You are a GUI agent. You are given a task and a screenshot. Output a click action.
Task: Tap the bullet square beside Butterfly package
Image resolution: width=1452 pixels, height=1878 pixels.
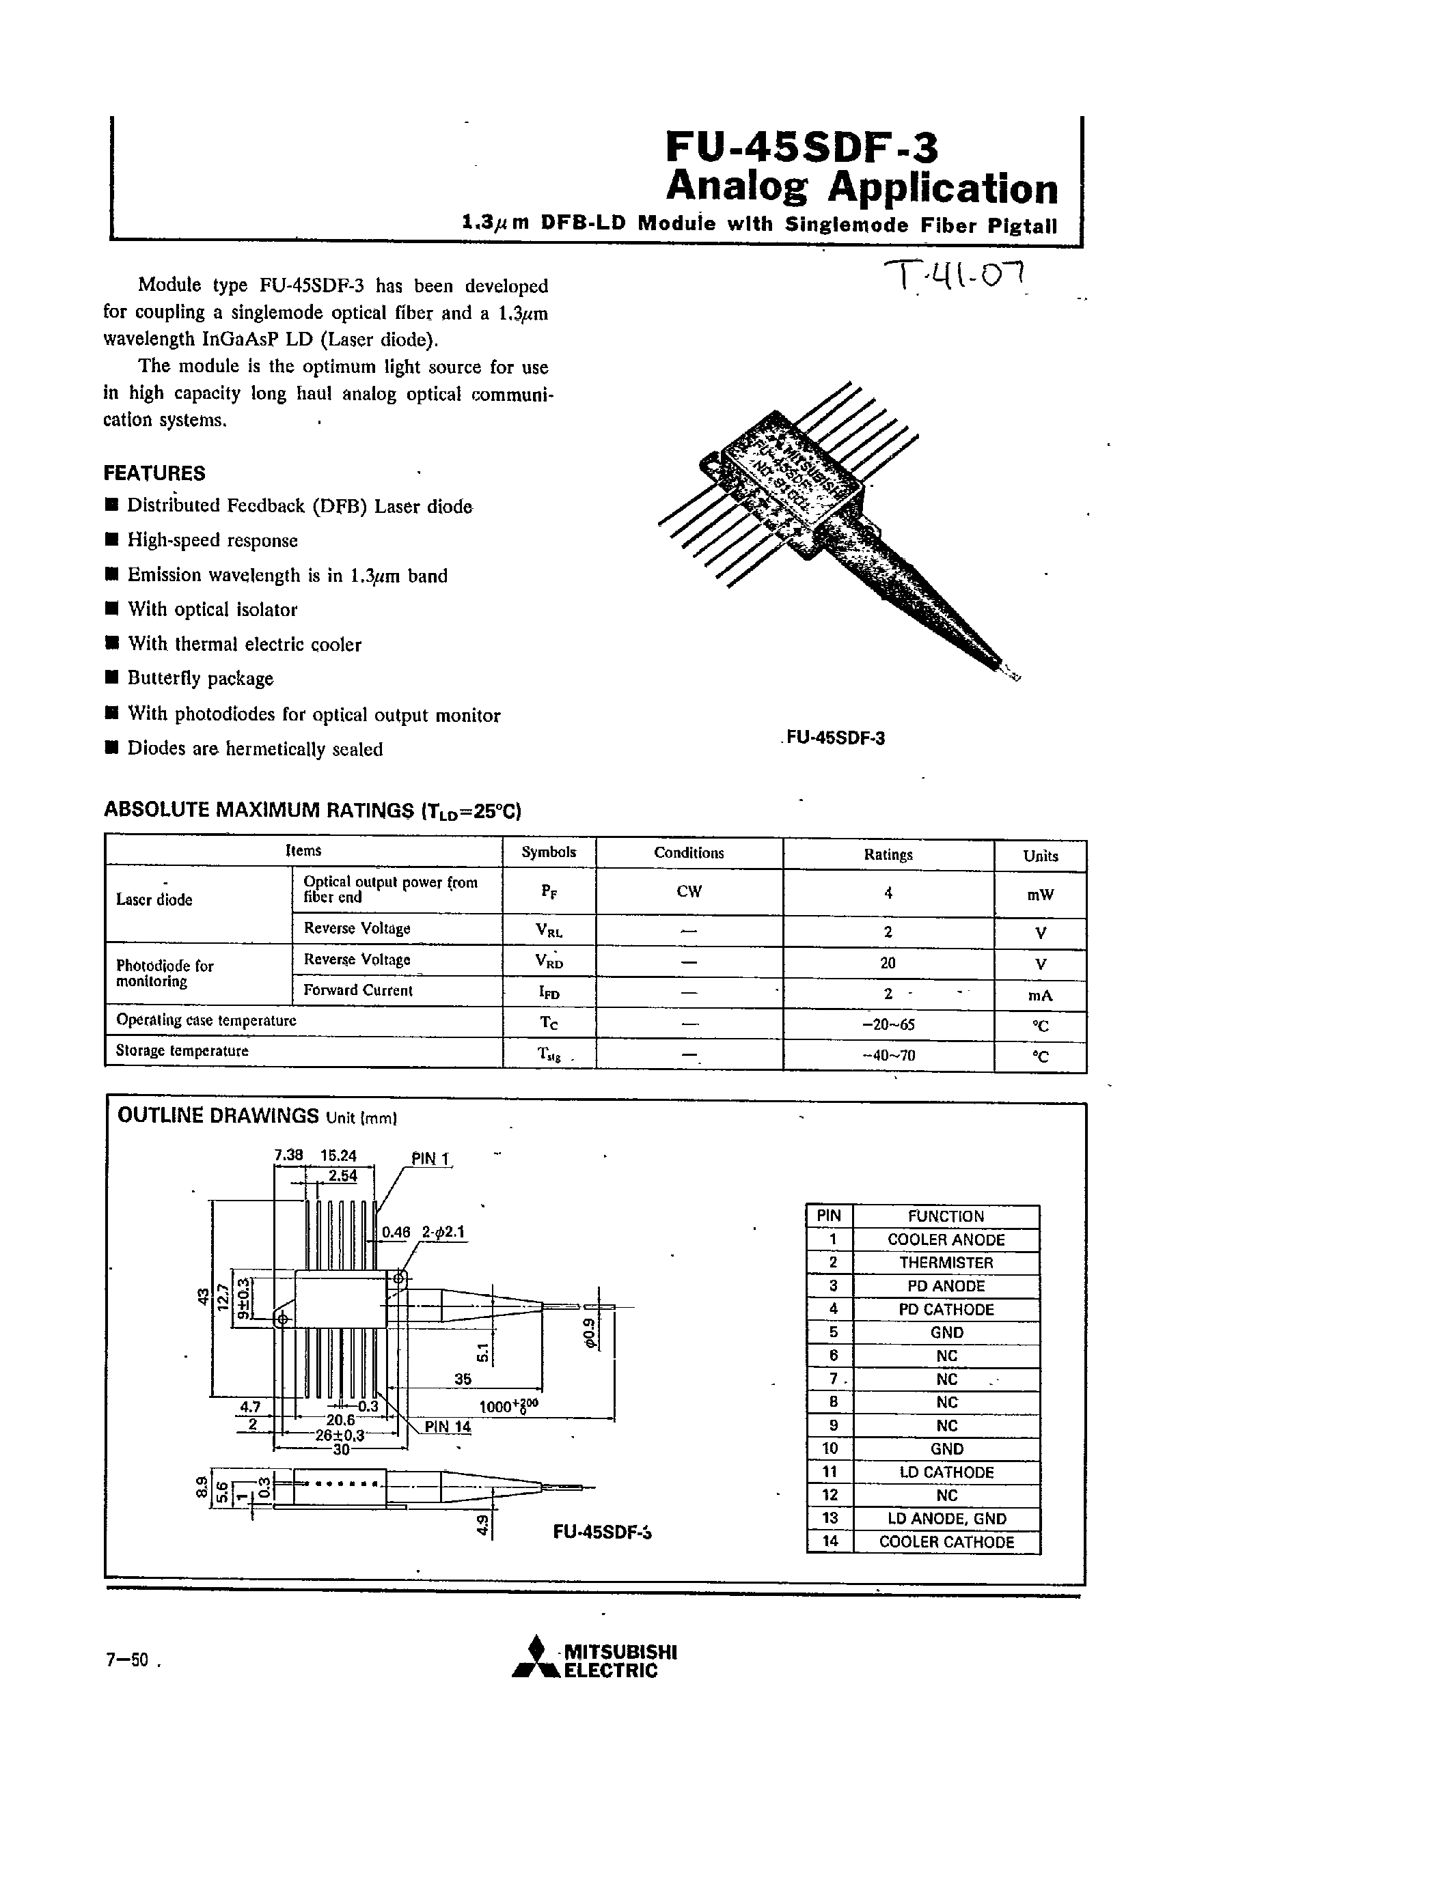coord(111,678)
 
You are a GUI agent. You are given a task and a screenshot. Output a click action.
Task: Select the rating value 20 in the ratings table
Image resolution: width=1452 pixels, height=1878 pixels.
coord(888,963)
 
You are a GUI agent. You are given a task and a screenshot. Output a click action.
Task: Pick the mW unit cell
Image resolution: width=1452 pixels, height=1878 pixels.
coord(1040,895)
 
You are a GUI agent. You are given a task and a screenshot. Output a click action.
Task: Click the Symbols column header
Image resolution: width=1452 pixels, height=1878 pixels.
coord(549,852)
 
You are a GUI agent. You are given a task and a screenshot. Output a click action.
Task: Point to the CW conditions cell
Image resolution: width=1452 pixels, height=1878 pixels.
coord(689,892)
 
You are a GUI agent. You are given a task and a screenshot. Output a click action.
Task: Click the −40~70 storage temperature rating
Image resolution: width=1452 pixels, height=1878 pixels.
coord(888,1055)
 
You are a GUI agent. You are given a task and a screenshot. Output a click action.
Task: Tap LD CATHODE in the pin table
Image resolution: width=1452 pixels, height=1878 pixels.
coord(946,1472)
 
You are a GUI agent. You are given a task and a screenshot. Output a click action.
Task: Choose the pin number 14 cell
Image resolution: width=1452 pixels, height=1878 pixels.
coord(830,1542)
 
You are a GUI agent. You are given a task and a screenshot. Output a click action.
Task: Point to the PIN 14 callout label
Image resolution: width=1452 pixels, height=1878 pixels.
coord(448,1427)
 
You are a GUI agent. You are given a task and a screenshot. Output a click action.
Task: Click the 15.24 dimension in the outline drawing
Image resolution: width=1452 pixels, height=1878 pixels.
coord(338,1155)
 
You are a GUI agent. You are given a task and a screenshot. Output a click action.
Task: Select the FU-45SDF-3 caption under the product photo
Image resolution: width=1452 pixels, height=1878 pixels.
coord(835,738)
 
